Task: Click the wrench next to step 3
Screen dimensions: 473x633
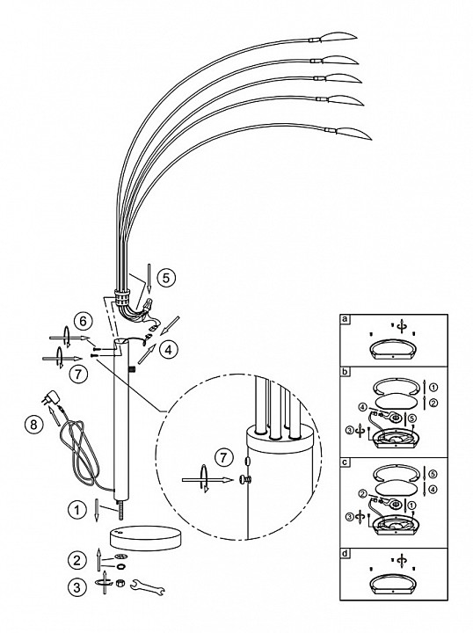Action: tap(148, 586)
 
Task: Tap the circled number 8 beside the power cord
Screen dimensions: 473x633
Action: tap(33, 425)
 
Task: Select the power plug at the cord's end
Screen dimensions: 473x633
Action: tap(49, 397)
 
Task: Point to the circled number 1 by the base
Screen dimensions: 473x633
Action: tap(76, 510)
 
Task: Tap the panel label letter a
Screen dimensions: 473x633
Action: tap(345, 319)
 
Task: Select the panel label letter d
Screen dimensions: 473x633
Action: tap(345, 554)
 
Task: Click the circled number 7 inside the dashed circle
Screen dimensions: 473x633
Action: tap(224, 457)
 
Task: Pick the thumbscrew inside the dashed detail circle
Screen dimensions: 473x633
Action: tap(244, 480)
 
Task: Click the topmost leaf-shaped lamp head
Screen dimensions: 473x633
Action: tap(338, 36)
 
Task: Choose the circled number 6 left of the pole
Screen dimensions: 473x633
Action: tap(83, 322)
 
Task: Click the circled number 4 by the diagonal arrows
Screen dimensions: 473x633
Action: tap(168, 350)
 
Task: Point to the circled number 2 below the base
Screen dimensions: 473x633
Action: tap(76, 560)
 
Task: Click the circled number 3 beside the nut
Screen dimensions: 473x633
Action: tap(76, 587)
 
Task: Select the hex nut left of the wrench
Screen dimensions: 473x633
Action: tap(119, 583)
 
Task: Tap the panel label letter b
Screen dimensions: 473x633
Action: tap(345, 371)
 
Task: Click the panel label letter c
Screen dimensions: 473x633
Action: tap(345, 462)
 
